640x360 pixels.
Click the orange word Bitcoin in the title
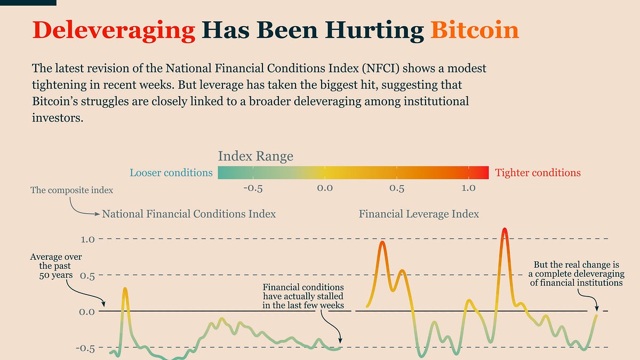point(474,30)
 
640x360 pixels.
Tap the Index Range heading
point(255,156)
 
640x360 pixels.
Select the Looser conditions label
point(171,173)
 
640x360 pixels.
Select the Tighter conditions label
point(538,173)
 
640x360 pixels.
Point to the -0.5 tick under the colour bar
point(252,188)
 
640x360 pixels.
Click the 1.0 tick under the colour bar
point(468,188)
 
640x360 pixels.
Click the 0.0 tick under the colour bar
point(324,188)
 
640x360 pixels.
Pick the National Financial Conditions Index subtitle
point(189,214)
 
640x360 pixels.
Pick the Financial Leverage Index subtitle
point(419,214)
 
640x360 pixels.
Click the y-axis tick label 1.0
point(87,239)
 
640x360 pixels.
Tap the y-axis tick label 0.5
point(87,276)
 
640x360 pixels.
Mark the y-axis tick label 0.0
point(87,311)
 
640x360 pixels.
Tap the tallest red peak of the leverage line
point(504,230)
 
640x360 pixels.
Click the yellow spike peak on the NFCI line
point(125,289)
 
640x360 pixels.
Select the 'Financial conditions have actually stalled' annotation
point(302,295)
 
